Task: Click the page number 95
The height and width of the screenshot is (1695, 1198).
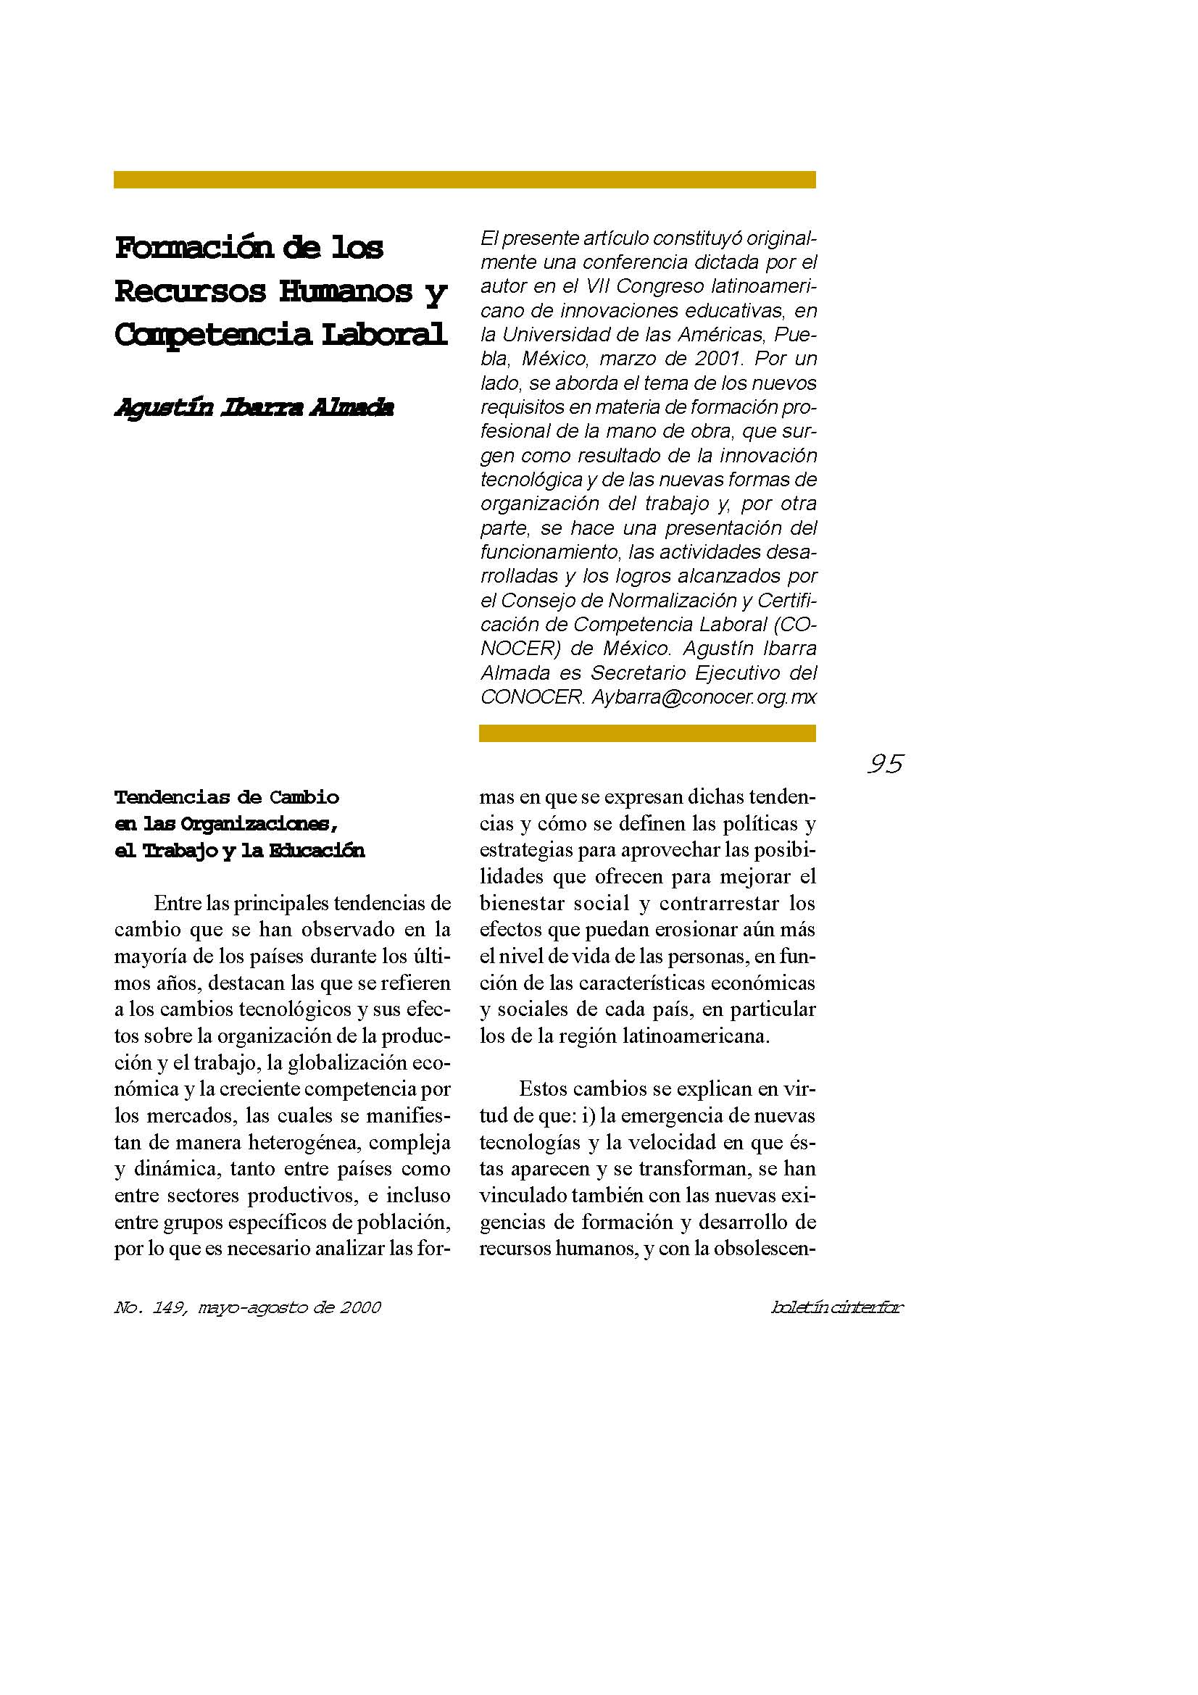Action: [885, 763]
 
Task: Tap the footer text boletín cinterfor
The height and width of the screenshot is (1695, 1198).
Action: [836, 1307]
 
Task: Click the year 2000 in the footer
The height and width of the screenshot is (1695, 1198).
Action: [360, 1307]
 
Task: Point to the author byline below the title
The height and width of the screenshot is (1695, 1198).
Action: [254, 407]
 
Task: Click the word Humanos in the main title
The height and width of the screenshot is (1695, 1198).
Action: [346, 291]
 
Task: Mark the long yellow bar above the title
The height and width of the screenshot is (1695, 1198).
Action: [465, 180]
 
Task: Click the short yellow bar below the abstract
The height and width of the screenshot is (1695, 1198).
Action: [647, 733]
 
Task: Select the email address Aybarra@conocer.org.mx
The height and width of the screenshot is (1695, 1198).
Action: [704, 697]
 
